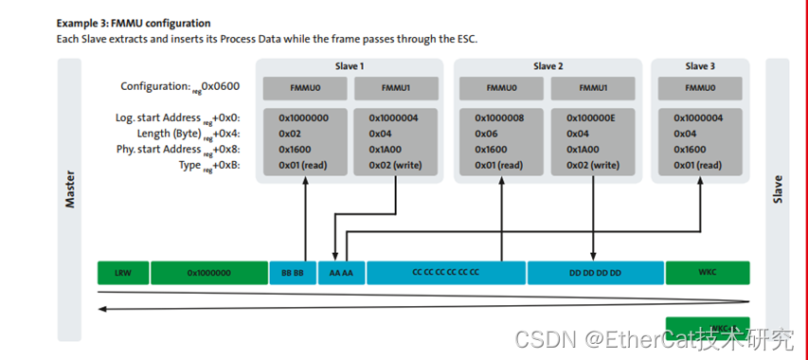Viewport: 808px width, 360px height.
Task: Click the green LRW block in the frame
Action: pyautogui.click(x=122, y=273)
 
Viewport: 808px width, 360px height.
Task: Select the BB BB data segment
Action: pyautogui.click(x=292, y=273)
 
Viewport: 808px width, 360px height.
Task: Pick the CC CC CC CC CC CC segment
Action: pyautogui.click(x=445, y=273)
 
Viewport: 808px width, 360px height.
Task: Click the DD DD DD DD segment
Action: pyautogui.click(x=595, y=273)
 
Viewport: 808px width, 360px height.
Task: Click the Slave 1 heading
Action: pyautogui.click(x=350, y=66)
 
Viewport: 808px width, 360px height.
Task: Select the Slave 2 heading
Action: pyautogui.click(x=548, y=66)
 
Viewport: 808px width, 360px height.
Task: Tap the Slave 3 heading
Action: pyautogui.click(x=700, y=66)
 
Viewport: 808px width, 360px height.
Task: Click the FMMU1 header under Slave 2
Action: pyautogui.click(x=593, y=88)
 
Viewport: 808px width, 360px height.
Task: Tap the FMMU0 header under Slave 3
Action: pyautogui.click(x=700, y=88)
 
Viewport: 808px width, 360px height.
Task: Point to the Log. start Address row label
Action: pyautogui.click(x=174, y=118)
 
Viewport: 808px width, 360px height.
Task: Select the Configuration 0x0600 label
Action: pyautogui.click(x=180, y=87)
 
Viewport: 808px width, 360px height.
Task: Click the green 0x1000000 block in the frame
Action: pyautogui.click(x=208, y=273)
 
